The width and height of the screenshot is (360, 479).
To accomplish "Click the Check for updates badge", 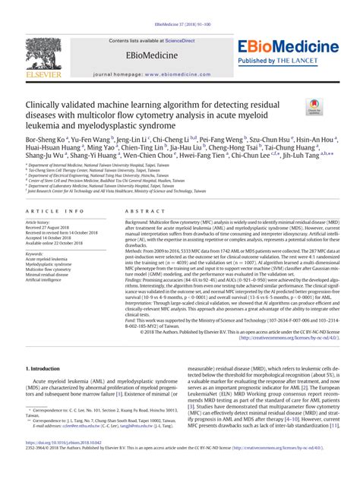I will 312,108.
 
